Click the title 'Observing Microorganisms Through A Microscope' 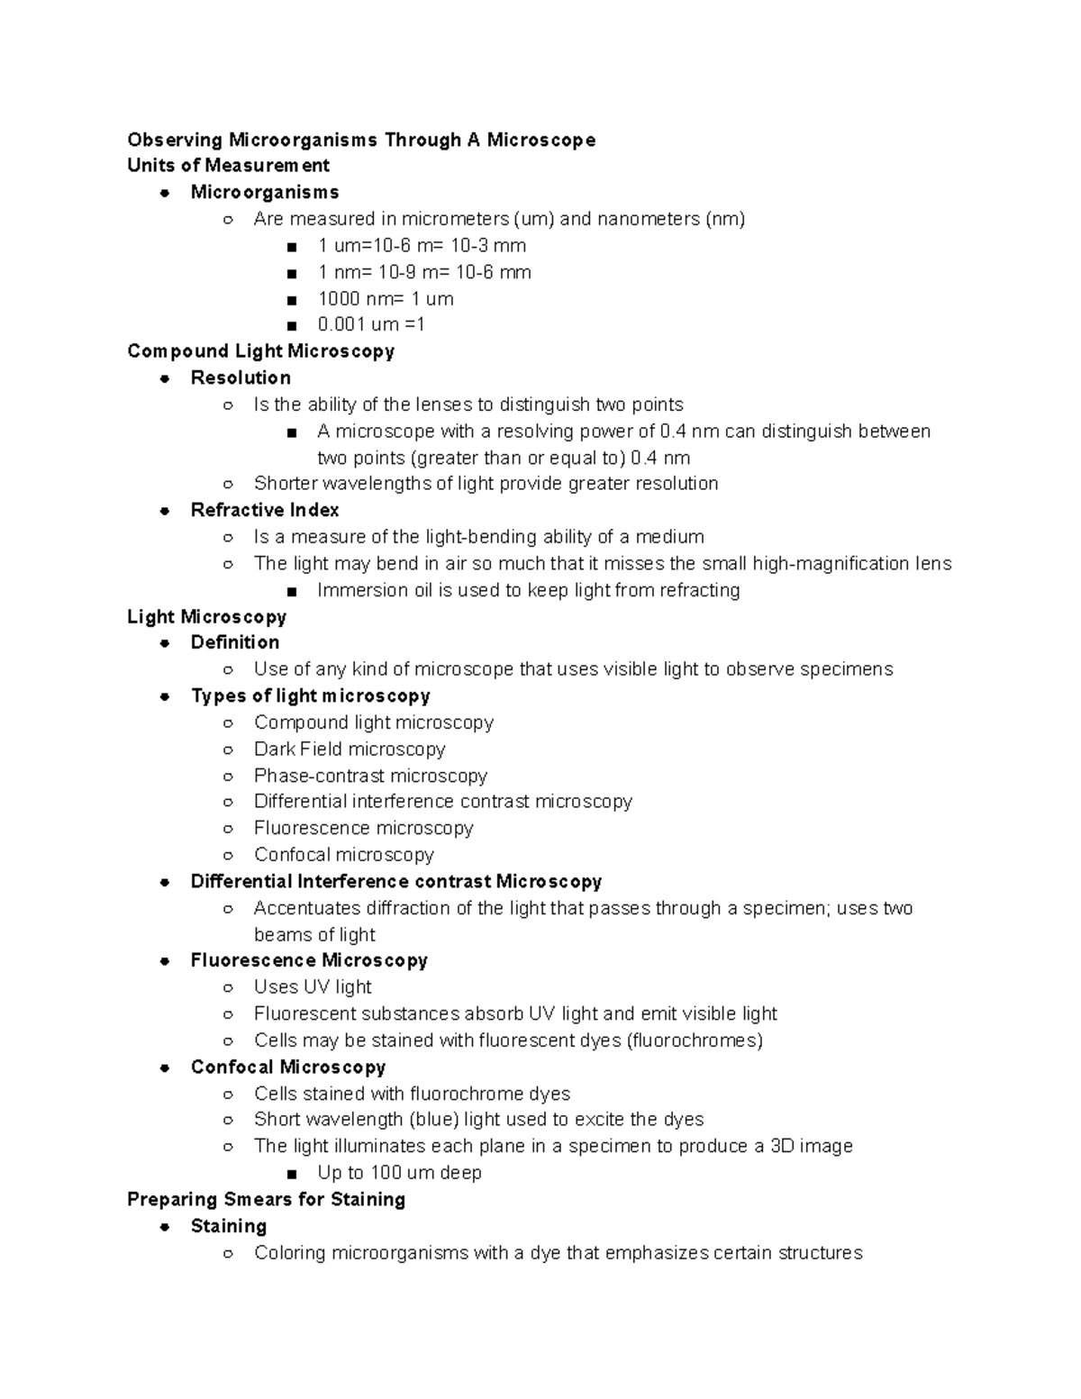(361, 140)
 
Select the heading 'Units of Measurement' (228, 166)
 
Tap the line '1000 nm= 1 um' (385, 298)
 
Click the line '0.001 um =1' (370, 324)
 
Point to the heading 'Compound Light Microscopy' (260, 351)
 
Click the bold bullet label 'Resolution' (241, 377)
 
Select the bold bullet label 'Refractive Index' (265, 510)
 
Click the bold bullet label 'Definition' (234, 642)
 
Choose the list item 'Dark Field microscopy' (350, 749)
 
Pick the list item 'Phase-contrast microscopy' (370, 776)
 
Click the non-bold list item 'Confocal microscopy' (343, 855)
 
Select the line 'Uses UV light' (313, 987)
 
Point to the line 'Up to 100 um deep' (399, 1173)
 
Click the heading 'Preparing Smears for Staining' (266, 1200)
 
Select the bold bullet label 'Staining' (229, 1226)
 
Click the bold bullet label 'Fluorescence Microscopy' (309, 960)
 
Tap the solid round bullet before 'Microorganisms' (165, 193)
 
